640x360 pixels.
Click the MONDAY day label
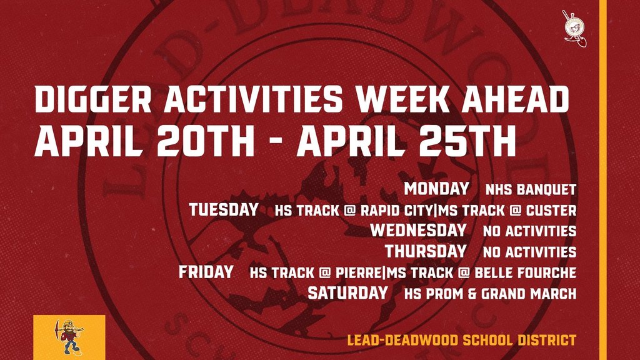point(436,188)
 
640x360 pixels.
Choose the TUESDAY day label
point(224,209)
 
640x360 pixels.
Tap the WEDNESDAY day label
point(418,230)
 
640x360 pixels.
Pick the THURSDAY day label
point(425,251)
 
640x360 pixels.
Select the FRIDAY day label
point(206,272)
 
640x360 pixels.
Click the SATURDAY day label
point(347,293)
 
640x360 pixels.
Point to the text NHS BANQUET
point(531,189)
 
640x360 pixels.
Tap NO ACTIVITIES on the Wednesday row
point(529,231)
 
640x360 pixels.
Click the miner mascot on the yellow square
point(69,336)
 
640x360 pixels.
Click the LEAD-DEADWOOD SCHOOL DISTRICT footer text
point(461,341)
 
